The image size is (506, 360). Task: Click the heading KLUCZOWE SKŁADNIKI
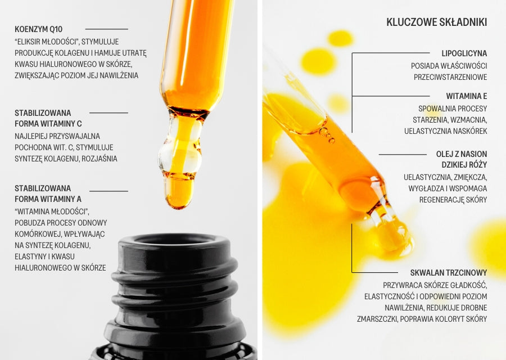pos(437,22)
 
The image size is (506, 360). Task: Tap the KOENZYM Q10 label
pos(38,29)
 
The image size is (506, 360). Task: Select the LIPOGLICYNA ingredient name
pos(464,53)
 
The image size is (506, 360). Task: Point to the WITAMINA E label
pos(467,96)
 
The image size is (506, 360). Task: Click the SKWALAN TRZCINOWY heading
pos(449,272)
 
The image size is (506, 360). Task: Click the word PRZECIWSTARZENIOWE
pos(450,77)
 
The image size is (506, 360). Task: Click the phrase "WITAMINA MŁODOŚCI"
pos(52,211)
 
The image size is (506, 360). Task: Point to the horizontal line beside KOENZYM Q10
pos(107,29)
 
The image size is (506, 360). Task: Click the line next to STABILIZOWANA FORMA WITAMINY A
pos(109,191)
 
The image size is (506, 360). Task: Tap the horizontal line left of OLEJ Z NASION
pos(403,154)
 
